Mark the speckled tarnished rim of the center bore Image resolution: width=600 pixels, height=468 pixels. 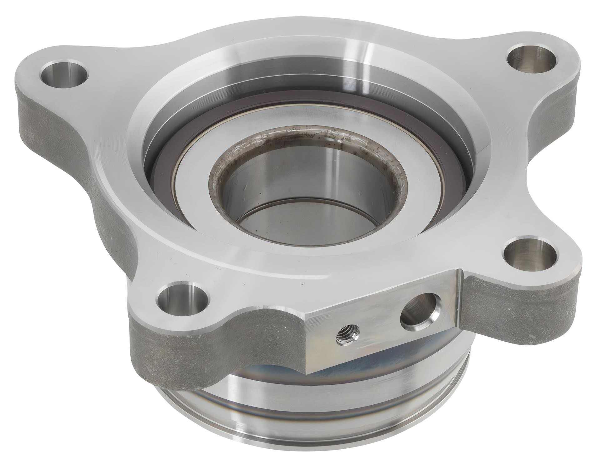pyautogui.click(x=312, y=137)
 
